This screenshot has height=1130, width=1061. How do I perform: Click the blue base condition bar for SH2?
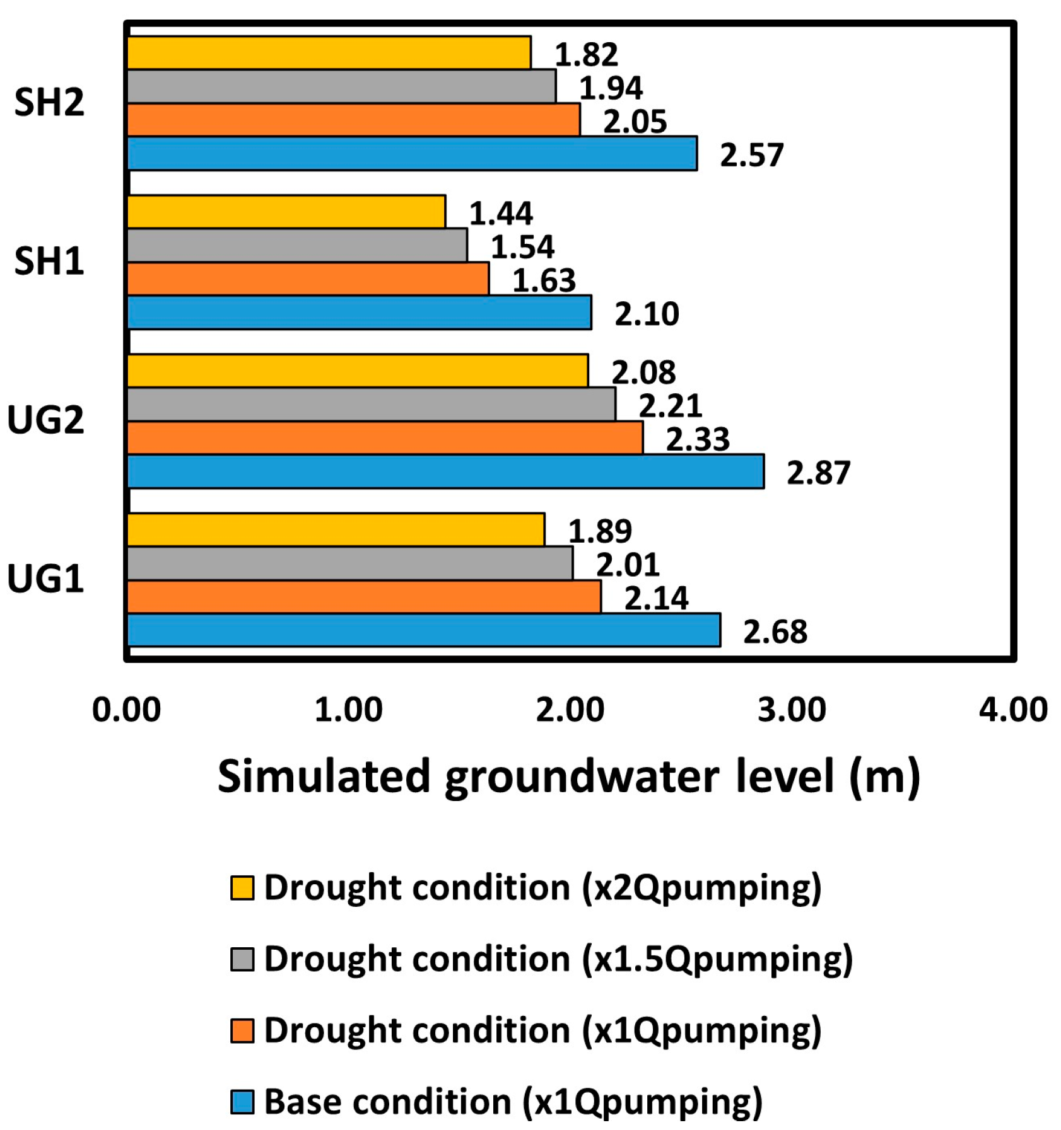point(412,153)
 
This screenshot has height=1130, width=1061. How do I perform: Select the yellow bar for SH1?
point(286,211)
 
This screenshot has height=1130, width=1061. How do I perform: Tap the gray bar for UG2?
point(371,404)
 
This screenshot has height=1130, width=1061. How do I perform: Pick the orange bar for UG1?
point(364,596)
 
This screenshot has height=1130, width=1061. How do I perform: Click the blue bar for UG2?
point(445,471)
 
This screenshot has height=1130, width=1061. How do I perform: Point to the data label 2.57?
point(751,154)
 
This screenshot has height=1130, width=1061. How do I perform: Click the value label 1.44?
point(501,213)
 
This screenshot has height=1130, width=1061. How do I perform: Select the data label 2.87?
point(818,472)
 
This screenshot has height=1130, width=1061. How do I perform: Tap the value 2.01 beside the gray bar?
point(628,564)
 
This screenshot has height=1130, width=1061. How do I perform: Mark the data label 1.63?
point(544,280)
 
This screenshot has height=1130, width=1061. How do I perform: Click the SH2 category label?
point(49,102)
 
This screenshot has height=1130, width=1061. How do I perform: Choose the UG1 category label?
point(45,579)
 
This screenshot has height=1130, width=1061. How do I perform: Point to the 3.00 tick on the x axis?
point(792,710)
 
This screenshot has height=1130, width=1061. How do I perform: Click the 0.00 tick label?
point(127,710)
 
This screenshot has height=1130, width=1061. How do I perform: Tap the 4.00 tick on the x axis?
point(1012,710)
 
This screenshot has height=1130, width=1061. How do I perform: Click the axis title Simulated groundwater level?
point(568,776)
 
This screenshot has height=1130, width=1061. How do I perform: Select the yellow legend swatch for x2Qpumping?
point(242,887)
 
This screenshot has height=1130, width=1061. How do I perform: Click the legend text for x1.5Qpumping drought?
point(558,959)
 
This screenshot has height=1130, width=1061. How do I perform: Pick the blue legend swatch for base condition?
point(242,1102)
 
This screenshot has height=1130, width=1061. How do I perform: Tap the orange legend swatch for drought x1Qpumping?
point(242,1030)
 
